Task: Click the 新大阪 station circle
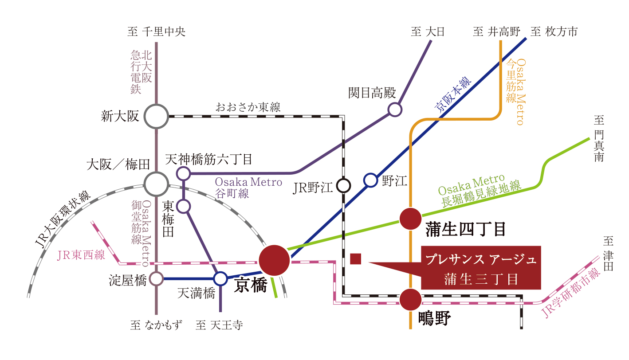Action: point(157,117)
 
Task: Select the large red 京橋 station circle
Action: point(274,260)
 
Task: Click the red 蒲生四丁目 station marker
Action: point(410,219)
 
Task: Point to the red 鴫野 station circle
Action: point(410,300)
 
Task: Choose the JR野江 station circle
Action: point(343,185)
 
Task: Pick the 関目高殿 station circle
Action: point(394,109)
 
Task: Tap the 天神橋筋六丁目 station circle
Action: point(183,173)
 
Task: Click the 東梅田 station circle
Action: point(183,206)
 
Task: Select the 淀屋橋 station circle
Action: point(156,279)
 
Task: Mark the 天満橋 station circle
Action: point(220,279)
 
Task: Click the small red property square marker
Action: point(355,258)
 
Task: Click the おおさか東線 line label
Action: point(248,107)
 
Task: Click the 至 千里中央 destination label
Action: point(156,32)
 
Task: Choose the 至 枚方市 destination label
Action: point(554,32)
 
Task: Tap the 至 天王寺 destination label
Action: point(219,325)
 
